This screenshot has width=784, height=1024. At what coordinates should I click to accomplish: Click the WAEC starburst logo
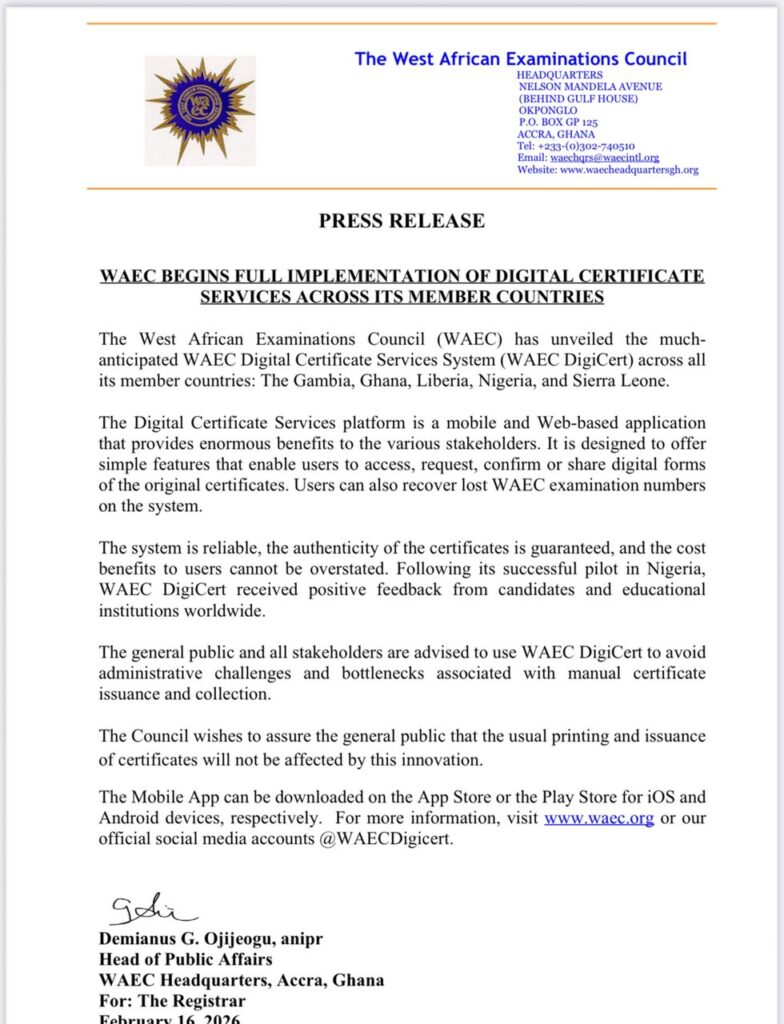click(200, 110)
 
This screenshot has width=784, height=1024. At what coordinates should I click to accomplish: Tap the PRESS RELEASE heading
click(401, 221)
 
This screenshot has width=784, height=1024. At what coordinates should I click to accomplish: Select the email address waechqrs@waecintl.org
click(604, 158)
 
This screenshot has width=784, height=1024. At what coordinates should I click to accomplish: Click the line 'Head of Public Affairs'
click(186, 961)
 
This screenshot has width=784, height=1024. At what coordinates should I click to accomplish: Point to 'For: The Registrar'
click(172, 1001)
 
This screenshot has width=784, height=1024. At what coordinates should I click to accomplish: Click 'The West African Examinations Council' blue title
click(520, 59)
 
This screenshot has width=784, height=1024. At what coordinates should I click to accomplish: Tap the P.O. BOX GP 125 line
click(556, 122)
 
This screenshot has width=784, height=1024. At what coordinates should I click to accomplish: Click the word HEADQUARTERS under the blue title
click(559, 75)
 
